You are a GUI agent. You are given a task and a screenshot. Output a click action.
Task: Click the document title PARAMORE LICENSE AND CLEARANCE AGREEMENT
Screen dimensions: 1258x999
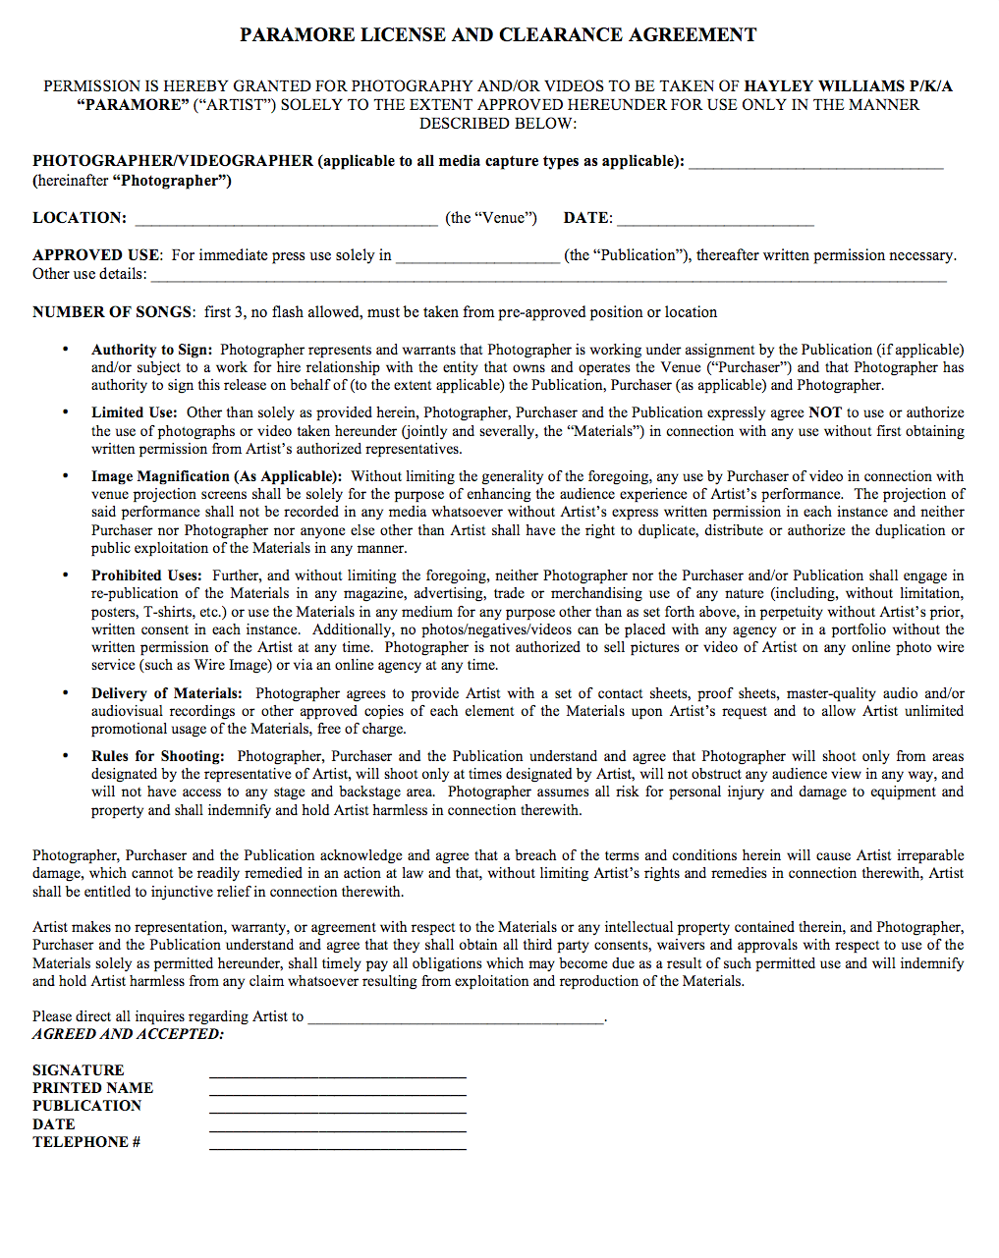click(x=498, y=35)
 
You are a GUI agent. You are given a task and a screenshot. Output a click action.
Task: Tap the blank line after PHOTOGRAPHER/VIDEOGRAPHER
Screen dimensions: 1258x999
click(x=815, y=163)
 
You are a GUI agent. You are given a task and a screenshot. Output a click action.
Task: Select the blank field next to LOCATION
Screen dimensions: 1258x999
click(x=286, y=220)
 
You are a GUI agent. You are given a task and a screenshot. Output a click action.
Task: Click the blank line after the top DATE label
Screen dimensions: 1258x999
click(x=715, y=220)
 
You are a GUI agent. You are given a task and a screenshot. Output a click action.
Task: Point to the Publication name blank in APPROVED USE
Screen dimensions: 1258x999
click(x=477, y=257)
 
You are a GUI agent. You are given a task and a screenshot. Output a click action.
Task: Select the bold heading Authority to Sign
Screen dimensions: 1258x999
click(x=151, y=350)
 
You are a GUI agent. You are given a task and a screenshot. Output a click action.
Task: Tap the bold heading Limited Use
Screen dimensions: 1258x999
click(x=135, y=413)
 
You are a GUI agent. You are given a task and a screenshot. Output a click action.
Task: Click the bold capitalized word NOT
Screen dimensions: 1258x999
click(x=825, y=413)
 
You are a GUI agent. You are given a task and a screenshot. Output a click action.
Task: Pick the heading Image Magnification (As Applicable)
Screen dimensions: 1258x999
click(x=217, y=476)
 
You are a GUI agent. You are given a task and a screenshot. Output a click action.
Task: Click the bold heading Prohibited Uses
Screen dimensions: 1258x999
click(x=147, y=575)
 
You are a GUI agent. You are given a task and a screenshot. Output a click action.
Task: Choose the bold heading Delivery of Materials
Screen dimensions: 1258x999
click(x=167, y=693)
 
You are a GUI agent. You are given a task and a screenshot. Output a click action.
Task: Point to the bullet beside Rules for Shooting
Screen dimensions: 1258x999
click(x=66, y=756)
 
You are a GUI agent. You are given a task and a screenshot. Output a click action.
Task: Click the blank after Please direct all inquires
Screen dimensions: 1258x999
click(x=456, y=1019)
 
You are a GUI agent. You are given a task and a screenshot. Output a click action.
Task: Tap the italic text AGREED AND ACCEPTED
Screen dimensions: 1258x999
click(x=128, y=1034)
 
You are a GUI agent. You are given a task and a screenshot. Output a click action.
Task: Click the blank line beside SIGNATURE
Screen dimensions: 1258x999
click(x=337, y=1072)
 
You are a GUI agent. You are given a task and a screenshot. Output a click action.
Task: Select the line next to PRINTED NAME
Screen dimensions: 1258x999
click(x=337, y=1090)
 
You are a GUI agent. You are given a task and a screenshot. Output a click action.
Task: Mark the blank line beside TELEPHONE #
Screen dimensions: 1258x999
click(x=337, y=1144)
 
